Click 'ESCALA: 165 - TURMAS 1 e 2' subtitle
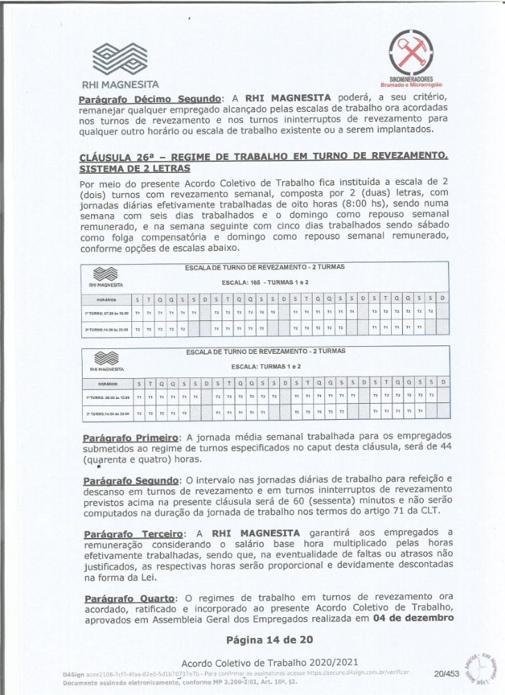(265, 283)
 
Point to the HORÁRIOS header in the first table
(107, 300)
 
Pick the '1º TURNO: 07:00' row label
(107, 313)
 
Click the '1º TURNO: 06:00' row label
(107, 397)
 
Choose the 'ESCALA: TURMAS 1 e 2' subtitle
(265, 366)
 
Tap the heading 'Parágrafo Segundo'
(131, 481)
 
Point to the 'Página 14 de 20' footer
(270, 639)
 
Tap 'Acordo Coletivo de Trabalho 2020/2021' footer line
(270, 662)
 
